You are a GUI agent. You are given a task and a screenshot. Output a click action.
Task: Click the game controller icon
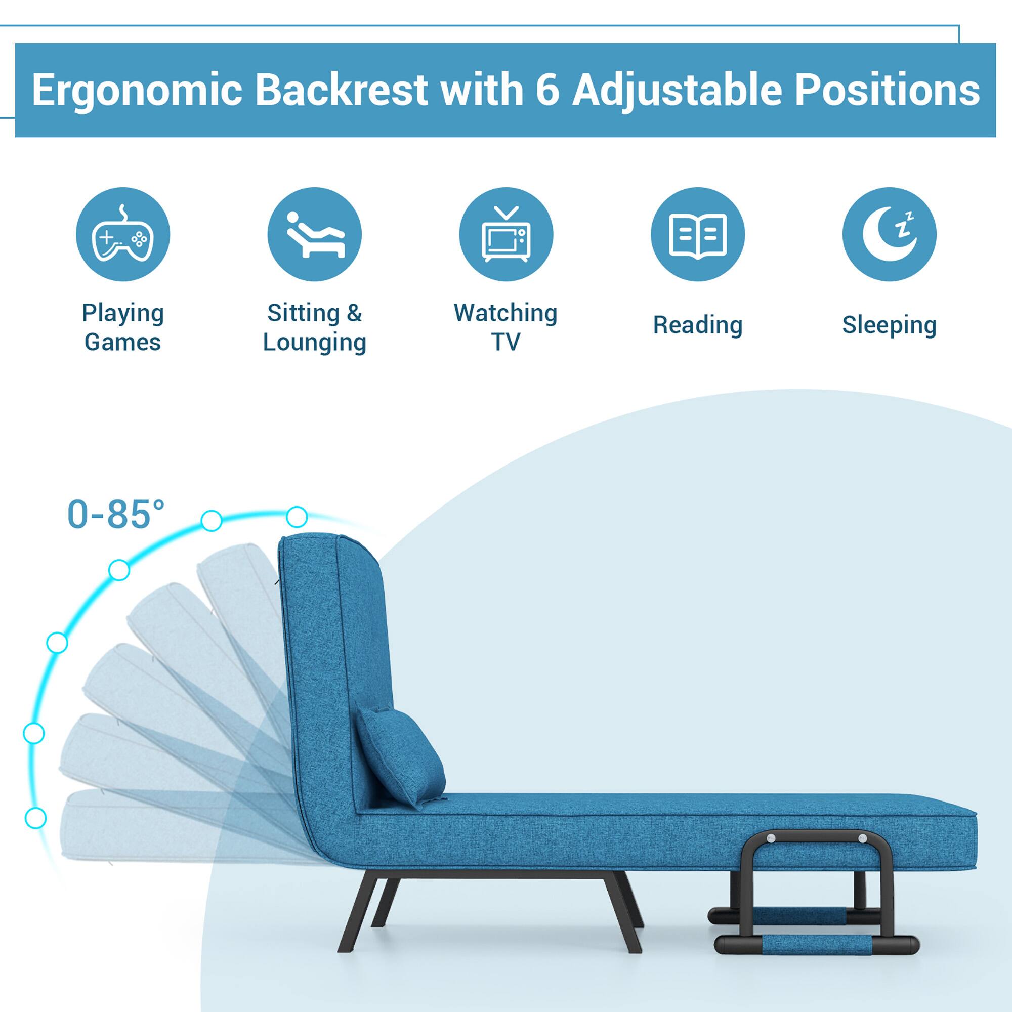[x=122, y=234]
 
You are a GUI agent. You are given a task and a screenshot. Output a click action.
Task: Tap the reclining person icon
[x=314, y=234]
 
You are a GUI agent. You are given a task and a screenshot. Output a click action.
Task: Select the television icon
[x=506, y=234]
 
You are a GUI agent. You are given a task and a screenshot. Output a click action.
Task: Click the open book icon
[x=698, y=234]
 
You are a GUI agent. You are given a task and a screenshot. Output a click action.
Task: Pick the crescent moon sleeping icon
[x=890, y=234]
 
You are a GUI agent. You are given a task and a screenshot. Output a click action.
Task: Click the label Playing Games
[x=122, y=327]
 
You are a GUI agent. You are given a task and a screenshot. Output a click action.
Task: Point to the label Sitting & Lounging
[x=314, y=327]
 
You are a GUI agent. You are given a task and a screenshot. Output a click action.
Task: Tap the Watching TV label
[x=506, y=327]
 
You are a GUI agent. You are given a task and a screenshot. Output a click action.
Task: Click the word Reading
[x=698, y=325]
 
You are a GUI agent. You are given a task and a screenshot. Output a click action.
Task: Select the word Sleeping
[x=890, y=325]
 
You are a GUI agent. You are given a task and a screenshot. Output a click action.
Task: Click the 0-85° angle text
[x=116, y=515]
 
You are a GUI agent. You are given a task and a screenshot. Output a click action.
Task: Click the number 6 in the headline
[x=547, y=90]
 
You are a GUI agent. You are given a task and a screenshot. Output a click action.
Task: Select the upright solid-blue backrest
[x=335, y=655]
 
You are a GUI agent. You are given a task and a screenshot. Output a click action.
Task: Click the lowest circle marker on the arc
[x=35, y=818]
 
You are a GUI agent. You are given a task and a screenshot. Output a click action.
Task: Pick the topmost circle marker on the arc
[x=297, y=517]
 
